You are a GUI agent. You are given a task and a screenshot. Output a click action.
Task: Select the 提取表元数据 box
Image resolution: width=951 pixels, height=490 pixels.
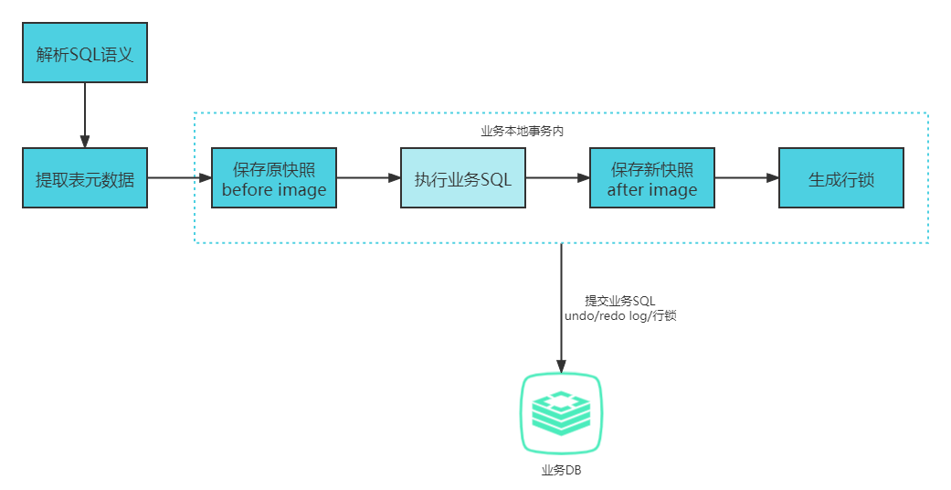[x=84, y=178]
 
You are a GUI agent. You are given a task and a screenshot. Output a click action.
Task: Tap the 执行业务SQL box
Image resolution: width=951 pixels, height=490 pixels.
[x=463, y=178]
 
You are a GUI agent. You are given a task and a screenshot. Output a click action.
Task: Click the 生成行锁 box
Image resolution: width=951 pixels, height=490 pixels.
[x=840, y=178]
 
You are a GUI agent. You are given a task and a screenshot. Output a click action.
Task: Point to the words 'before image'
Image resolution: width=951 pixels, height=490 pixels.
[x=274, y=190]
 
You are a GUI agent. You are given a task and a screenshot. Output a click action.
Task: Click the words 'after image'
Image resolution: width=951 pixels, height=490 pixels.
[x=651, y=190]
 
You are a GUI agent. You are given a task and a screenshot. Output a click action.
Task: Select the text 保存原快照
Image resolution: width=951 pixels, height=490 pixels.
[x=274, y=169]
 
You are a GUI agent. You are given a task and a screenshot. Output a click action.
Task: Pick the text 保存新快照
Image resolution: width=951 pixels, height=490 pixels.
[x=651, y=169]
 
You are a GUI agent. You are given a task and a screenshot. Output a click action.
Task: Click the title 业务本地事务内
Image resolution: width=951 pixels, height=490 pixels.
[x=522, y=131]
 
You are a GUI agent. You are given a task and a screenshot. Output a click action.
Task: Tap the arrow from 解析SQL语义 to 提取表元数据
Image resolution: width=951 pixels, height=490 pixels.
[x=84, y=114]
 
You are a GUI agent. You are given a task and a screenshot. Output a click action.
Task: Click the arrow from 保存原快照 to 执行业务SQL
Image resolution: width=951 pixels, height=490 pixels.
[x=368, y=178]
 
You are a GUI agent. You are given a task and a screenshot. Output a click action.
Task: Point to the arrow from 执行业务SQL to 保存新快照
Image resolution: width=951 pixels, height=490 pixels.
[x=557, y=178]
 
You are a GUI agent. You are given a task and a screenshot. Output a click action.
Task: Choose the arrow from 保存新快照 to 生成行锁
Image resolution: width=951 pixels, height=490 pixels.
[x=746, y=178]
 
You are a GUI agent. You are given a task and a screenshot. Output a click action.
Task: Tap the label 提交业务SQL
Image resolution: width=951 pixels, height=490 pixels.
[x=620, y=301]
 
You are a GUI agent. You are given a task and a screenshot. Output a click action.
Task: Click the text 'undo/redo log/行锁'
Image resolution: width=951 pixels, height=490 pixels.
[x=620, y=315]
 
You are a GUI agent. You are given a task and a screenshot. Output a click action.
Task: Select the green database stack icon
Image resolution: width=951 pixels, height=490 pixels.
[x=560, y=413]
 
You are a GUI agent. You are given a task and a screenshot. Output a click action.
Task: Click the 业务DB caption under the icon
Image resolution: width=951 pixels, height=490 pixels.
[x=560, y=471]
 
